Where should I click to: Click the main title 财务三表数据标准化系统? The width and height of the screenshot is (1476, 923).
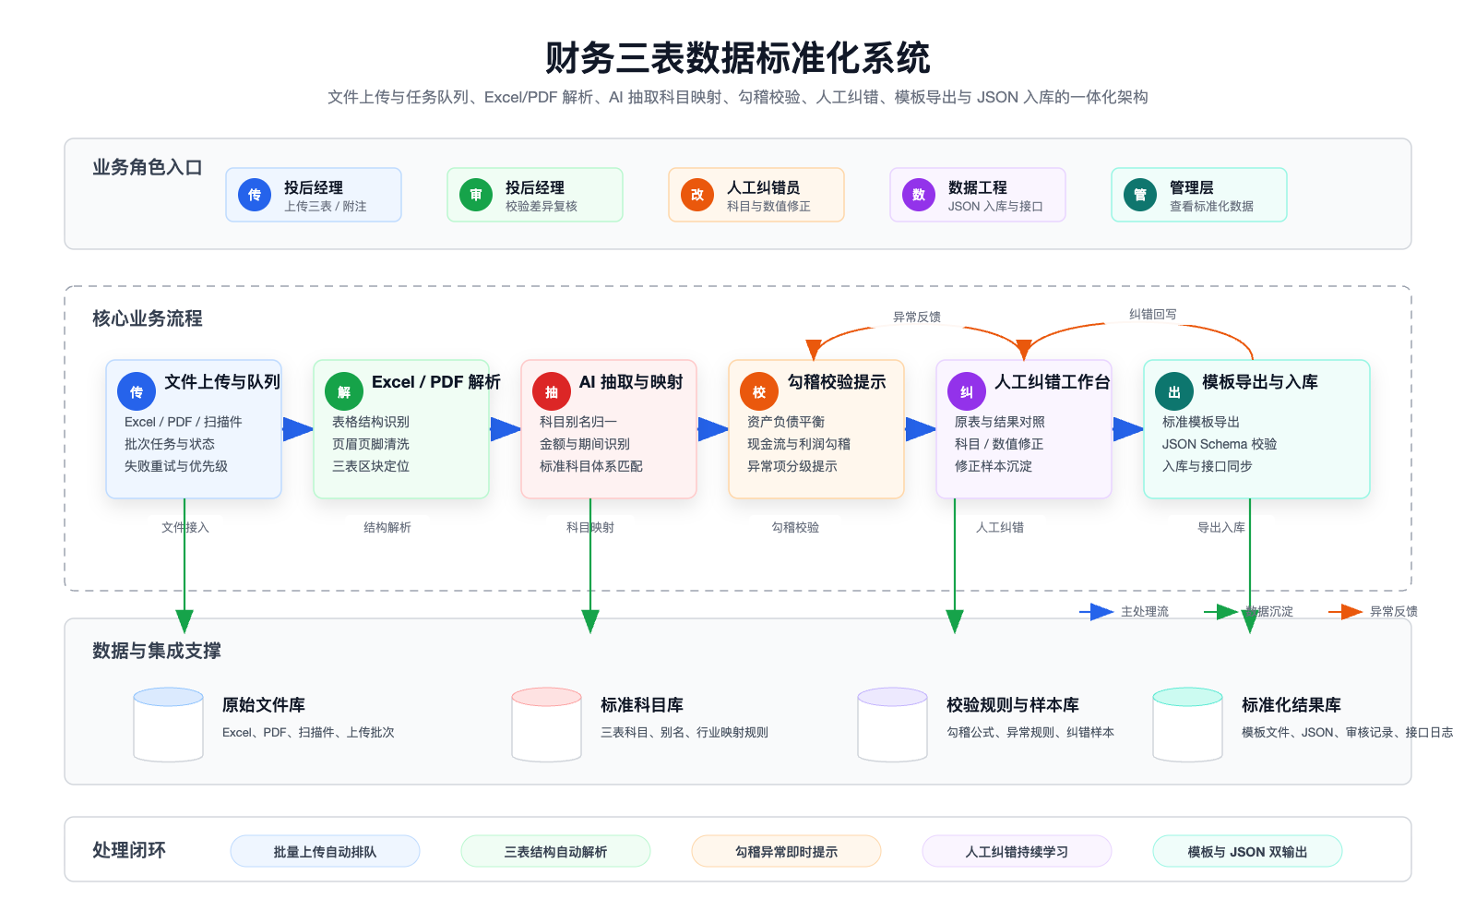(737, 58)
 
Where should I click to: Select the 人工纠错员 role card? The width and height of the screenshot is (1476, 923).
(756, 195)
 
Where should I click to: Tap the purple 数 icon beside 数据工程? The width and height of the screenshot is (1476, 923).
(919, 195)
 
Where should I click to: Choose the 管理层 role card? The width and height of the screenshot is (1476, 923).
(1198, 195)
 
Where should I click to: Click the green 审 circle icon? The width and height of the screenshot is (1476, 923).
(476, 195)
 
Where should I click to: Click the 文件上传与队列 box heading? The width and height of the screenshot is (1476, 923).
(221, 382)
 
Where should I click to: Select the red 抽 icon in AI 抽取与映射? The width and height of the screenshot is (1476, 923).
(552, 392)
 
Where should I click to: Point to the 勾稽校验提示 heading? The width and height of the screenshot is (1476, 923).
(836, 382)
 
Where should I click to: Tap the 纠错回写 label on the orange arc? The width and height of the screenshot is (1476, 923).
(1152, 315)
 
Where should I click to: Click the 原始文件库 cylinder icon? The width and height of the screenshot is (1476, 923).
(169, 725)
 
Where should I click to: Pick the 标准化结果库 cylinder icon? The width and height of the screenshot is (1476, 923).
(1187, 725)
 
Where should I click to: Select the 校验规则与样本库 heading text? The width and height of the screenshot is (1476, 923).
(1012, 705)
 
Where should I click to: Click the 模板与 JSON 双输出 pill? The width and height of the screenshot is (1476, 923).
(1247, 852)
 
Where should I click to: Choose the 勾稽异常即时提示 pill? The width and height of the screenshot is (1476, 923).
(786, 852)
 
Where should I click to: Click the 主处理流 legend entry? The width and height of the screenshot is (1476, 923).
(1125, 612)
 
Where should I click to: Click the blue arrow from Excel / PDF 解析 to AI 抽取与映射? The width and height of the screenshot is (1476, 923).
(505, 429)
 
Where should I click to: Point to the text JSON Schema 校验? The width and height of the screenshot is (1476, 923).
(1219, 444)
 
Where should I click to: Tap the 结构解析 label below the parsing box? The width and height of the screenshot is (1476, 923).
(387, 528)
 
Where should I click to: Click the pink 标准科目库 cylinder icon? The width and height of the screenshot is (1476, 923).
(547, 725)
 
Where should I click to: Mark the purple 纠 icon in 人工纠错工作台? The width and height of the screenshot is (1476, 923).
(967, 392)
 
